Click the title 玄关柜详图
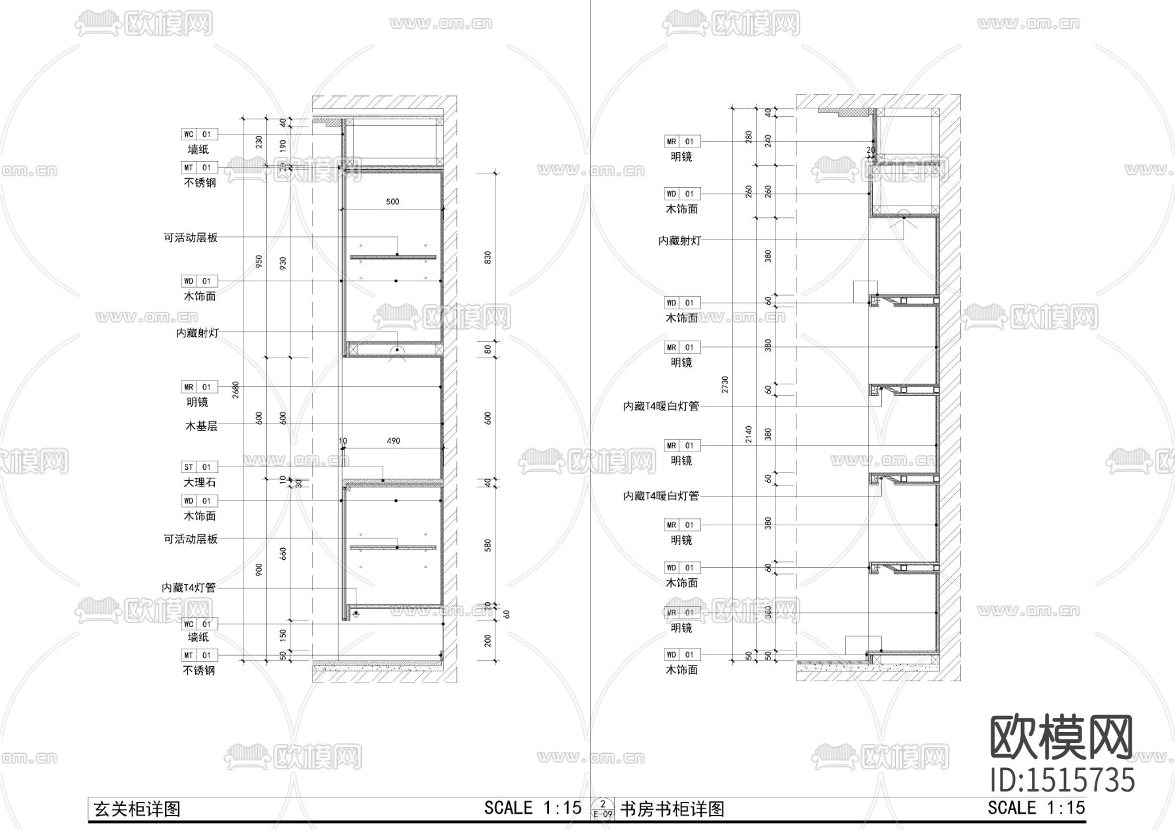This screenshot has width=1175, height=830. pyautogui.click(x=137, y=810)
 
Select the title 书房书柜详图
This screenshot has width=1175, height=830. pyautogui.click(x=672, y=810)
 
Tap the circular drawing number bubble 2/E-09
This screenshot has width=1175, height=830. pyautogui.click(x=602, y=808)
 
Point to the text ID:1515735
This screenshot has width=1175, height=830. pyautogui.click(x=1062, y=780)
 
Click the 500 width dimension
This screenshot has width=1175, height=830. pyautogui.click(x=392, y=202)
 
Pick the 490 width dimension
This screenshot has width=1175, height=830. pyautogui.click(x=393, y=441)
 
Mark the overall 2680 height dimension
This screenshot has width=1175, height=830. pyautogui.click(x=236, y=390)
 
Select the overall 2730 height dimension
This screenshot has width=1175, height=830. pyautogui.click(x=725, y=385)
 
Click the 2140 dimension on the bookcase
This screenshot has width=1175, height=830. pyautogui.click(x=749, y=435)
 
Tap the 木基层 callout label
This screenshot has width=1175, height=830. pyautogui.click(x=201, y=426)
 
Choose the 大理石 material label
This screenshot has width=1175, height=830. pyautogui.click(x=199, y=482)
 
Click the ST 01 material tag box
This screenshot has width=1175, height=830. pyautogui.click(x=199, y=467)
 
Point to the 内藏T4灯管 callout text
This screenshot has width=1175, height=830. pyautogui.click(x=189, y=588)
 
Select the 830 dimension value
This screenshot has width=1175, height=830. pyautogui.click(x=488, y=258)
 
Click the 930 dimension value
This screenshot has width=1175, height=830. pyautogui.click(x=283, y=264)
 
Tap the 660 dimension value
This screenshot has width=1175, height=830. pyautogui.click(x=283, y=554)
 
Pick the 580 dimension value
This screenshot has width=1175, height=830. pyautogui.click(x=488, y=546)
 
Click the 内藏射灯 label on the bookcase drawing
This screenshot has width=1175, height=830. pyautogui.click(x=680, y=240)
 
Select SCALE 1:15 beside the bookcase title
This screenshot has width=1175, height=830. pyautogui.click(x=1036, y=808)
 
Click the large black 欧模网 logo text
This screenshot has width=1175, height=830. pyautogui.click(x=1062, y=737)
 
